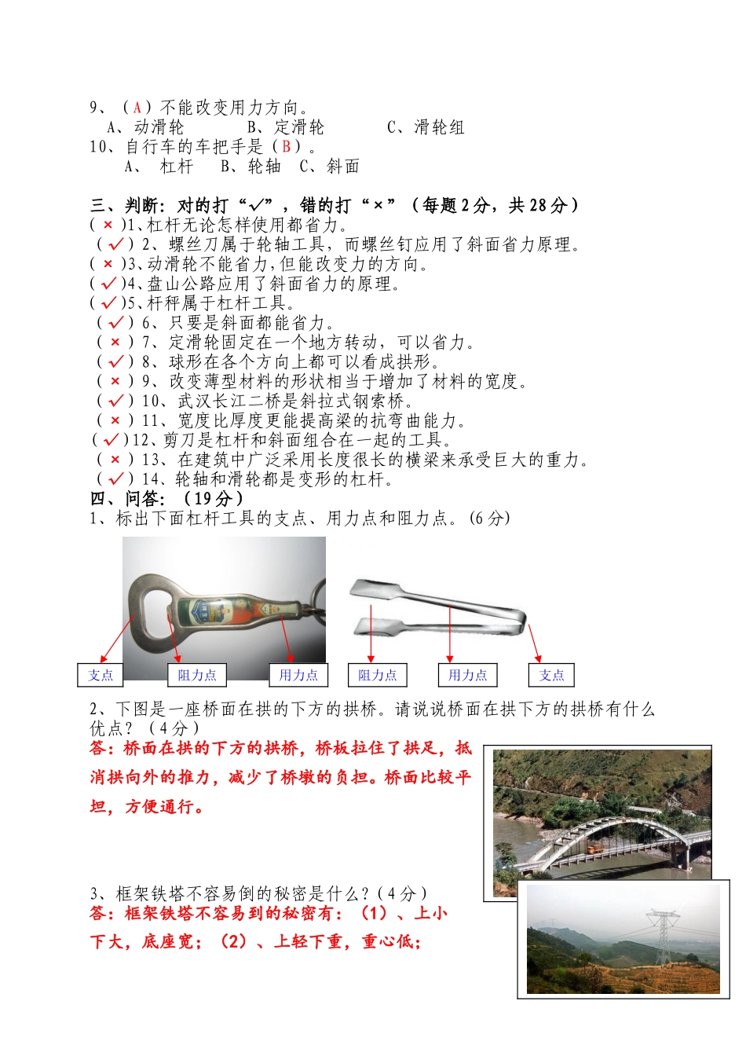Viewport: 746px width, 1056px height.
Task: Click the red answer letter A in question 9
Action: pyautogui.click(x=137, y=108)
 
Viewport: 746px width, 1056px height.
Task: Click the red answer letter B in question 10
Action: pyautogui.click(x=287, y=146)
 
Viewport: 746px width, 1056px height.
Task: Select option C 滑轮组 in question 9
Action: pyautogui.click(x=426, y=127)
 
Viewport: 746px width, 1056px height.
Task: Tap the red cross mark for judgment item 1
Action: pyautogui.click(x=108, y=225)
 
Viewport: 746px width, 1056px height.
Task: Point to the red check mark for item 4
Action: pyautogui.click(x=108, y=284)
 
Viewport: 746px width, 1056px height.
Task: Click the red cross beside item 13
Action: pyautogui.click(x=115, y=460)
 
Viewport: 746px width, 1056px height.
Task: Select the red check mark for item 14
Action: pyautogui.click(x=115, y=479)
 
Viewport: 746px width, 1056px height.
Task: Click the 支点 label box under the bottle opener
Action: pyautogui.click(x=100, y=675)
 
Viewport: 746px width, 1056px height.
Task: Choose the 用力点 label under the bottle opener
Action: pyautogui.click(x=298, y=675)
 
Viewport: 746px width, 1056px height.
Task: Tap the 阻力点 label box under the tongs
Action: pyautogui.click(x=377, y=675)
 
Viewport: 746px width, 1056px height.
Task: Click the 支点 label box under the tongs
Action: pyautogui.click(x=551, y=675)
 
